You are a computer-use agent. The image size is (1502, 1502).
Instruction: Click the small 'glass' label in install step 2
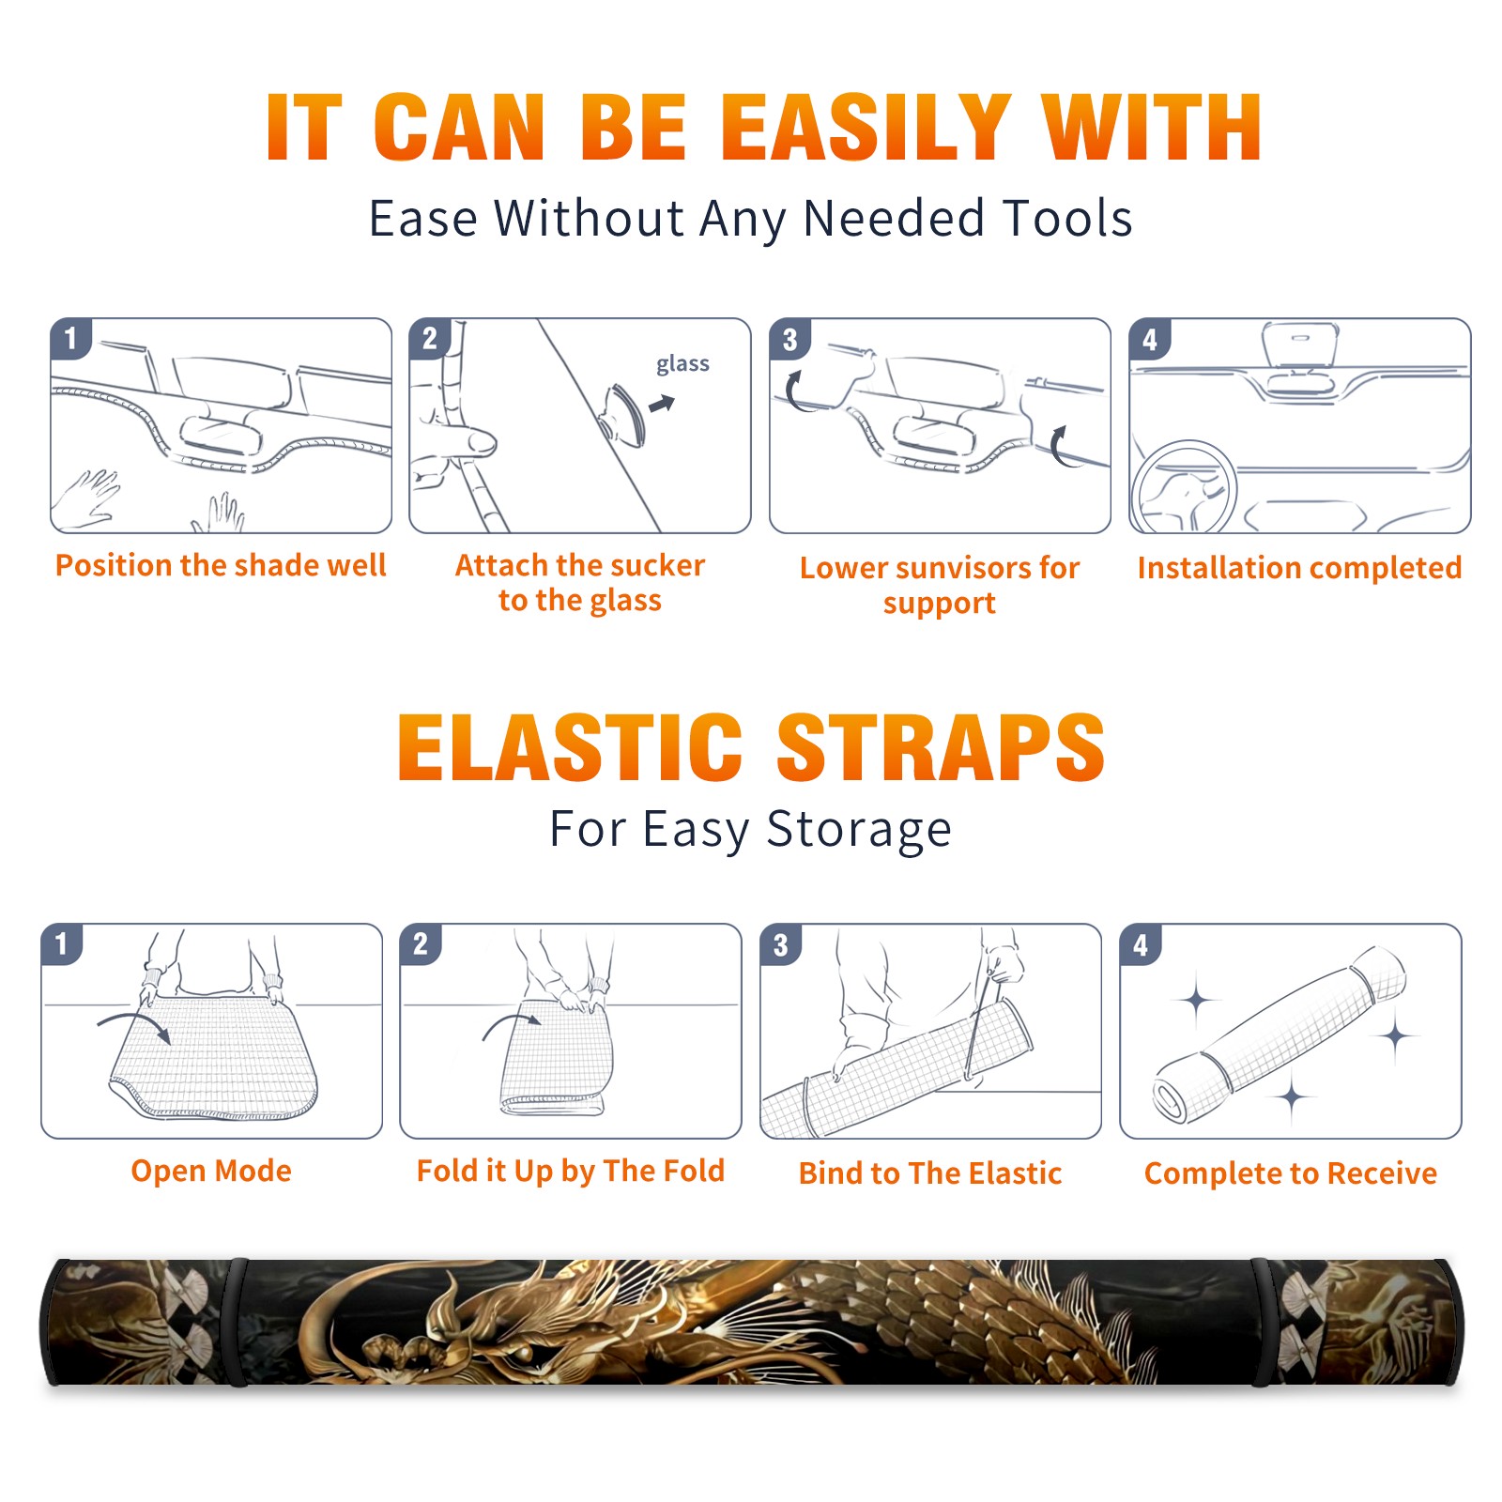[x=682, y=363]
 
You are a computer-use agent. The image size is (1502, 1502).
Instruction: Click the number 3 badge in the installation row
[x=790, y=339]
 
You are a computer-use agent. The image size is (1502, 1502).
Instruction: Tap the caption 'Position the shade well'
[x=221, y=565]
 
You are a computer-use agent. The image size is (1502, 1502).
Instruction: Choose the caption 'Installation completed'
[x=1299, y=567]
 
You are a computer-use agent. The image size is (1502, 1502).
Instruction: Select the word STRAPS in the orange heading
[x=941, y=747]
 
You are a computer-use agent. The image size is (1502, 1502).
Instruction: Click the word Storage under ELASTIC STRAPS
[x=859, y=830]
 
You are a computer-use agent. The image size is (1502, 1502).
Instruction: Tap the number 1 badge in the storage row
[x=62, y=943]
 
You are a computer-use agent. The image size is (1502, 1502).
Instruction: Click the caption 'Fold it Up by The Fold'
[x=571, y=1171]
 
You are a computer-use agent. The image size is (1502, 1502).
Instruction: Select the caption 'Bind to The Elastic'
[x=930, y=1173]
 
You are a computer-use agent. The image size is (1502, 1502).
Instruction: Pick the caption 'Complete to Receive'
[x=1291, y=1173]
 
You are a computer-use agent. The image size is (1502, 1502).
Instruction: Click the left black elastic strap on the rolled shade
[x=236, y=1322]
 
